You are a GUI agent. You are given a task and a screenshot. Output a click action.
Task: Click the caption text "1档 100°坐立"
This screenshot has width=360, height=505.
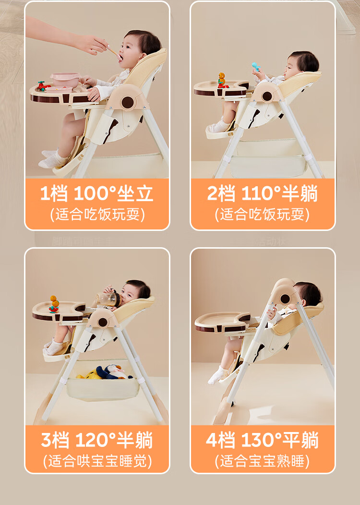tap(97, 193)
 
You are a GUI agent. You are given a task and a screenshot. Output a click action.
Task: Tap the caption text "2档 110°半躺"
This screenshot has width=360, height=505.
tap(263, 193)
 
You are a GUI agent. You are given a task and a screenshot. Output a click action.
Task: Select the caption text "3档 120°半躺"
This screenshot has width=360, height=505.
tap(97, 440)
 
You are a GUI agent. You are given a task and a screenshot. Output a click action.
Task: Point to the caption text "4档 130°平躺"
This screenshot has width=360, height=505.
tap(263, 440)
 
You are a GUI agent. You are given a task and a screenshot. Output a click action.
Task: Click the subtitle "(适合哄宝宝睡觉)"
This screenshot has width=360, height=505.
tap(97, 461)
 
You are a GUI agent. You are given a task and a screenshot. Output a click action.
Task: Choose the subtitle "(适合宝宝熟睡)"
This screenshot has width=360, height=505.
tap(263, 461)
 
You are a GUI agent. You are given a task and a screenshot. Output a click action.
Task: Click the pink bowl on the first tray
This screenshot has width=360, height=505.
tap(65, 79)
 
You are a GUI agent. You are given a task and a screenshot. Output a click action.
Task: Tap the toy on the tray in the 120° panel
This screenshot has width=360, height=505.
tap(54, 304)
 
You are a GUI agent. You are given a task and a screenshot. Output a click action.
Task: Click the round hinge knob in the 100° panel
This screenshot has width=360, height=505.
tap(127, 102)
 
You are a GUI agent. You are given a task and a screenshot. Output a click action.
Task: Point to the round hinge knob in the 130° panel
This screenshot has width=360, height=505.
tap(285, 298)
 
